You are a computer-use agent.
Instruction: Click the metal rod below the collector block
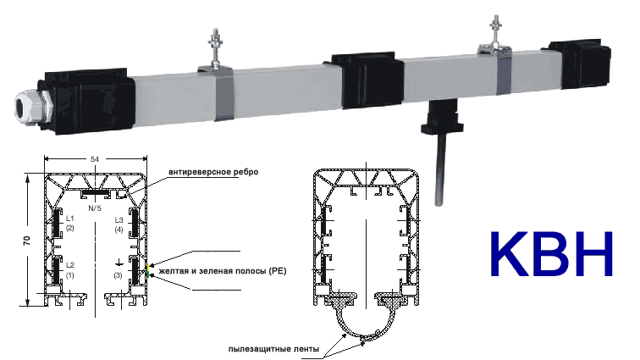[439, 169]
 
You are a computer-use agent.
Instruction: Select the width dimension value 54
[97, 158]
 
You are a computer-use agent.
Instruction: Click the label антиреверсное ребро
[212, 172]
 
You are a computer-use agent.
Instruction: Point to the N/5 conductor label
[96, 206]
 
